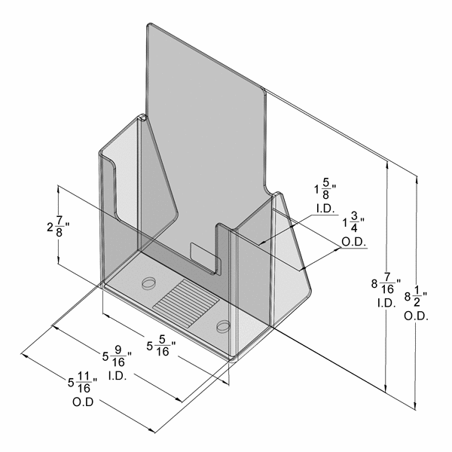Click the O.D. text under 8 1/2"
(416, 316)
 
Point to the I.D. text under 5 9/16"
(120, 374)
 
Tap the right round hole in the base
(223, 326)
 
